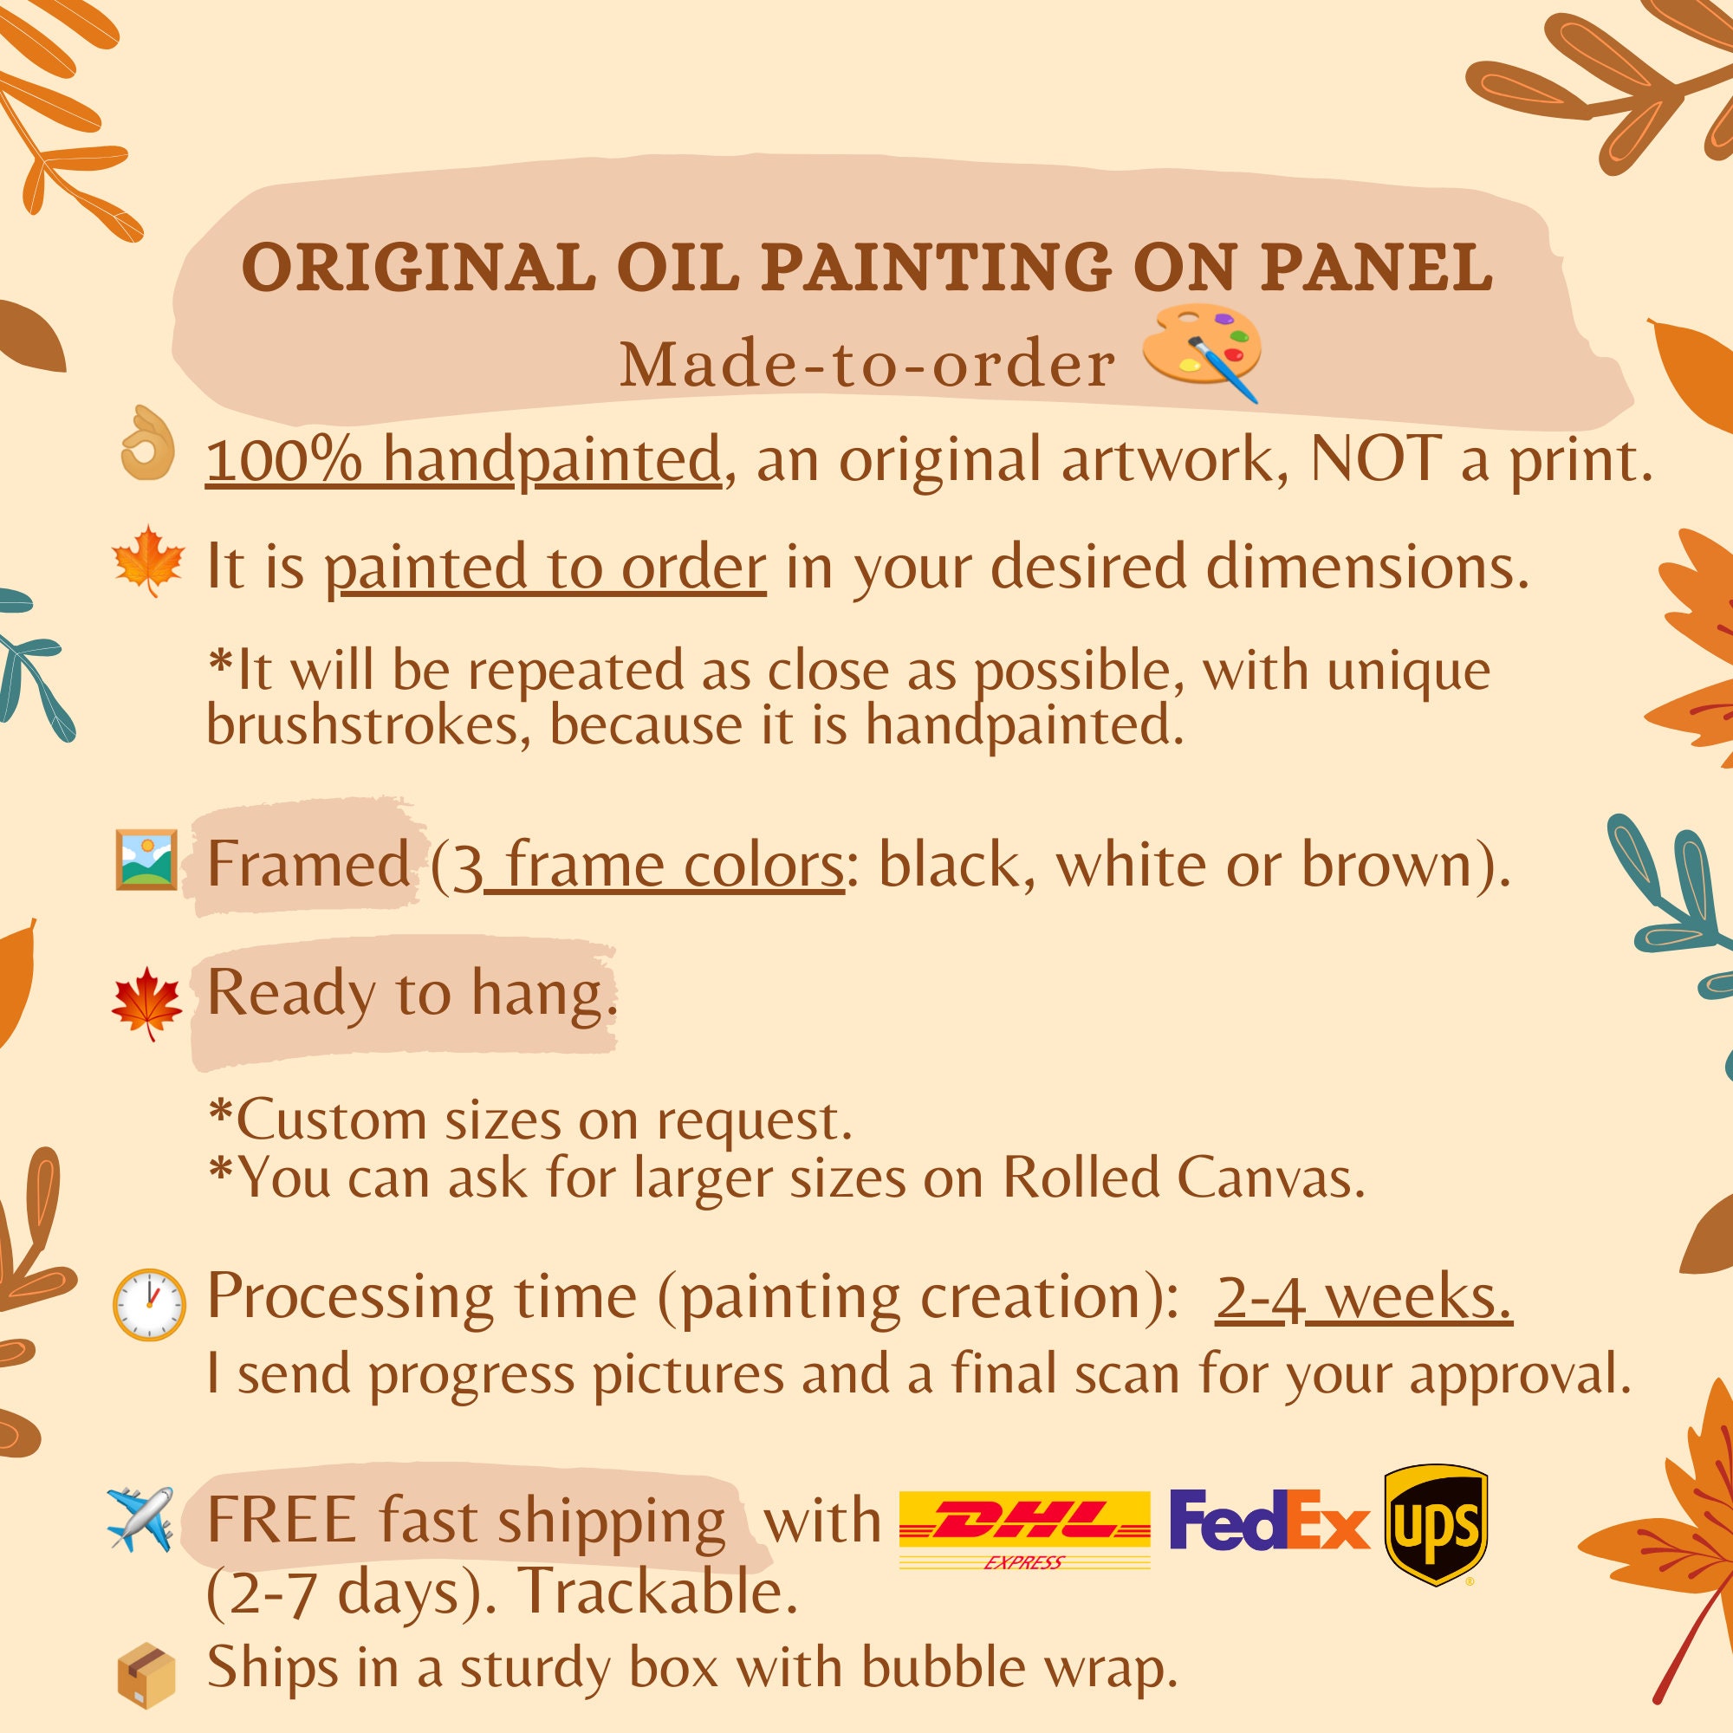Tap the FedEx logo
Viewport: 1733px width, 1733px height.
coord(1270,1520)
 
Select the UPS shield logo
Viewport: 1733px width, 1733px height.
coord(1436,1525)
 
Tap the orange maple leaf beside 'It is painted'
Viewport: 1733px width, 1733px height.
coord(148,561)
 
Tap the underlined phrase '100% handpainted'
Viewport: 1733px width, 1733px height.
coord(464,460)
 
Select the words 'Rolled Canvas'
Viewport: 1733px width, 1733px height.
coord(1183,1177)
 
